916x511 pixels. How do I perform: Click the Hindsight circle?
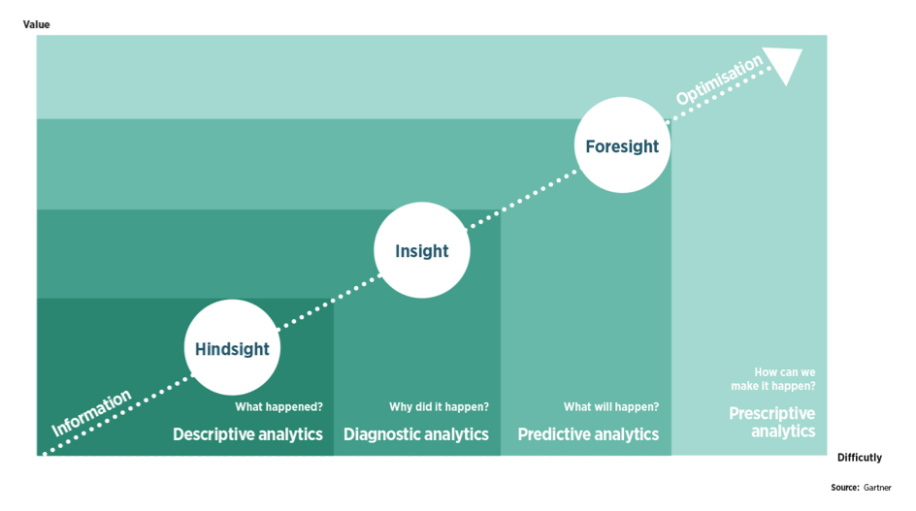point(232,348)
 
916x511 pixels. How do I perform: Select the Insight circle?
point(421,251)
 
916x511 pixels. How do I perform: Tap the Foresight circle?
point(622,146)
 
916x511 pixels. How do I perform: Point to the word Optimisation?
point(720,81)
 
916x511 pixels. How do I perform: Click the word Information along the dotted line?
point(91,413)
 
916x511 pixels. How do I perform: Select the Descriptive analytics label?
point(247,434)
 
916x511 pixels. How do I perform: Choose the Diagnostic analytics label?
point(416,434)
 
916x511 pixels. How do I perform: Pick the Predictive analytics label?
point(588,434)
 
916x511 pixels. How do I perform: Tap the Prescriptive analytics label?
point(772,422)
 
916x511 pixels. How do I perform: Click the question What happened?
point(278,407)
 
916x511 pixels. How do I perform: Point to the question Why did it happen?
point(439,407)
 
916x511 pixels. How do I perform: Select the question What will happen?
point(611,407)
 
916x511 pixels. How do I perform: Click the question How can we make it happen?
point(785,378)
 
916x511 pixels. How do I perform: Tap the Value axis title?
point(36,24)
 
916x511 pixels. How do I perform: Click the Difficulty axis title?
point(860,458)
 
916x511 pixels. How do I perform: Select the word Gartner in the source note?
point(877,488)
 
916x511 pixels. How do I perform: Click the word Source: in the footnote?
point(844,488)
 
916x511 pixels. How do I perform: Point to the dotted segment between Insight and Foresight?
point(522,199)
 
